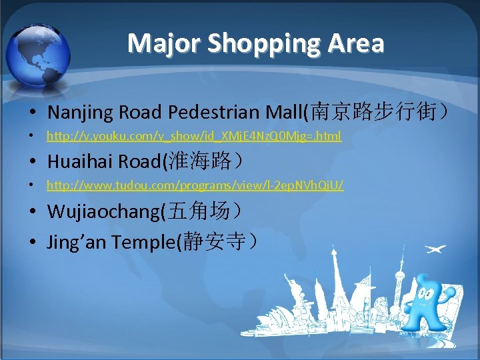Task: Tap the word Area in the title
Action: click(359, 43)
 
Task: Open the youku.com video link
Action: click(193, 136)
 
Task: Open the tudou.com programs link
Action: click(195, 185)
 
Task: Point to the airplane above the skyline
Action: click(435, 250)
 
